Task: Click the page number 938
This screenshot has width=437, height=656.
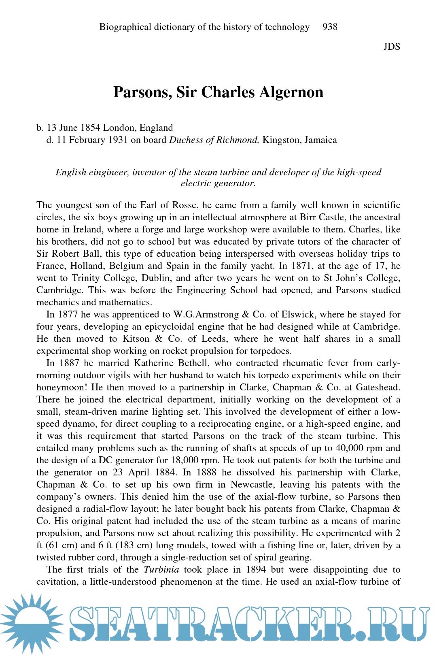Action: click(x=330, y=27)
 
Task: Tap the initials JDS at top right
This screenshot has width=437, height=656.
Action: click(x=391, y=47)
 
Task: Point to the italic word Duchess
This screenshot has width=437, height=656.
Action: click(x=186, y=140)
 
